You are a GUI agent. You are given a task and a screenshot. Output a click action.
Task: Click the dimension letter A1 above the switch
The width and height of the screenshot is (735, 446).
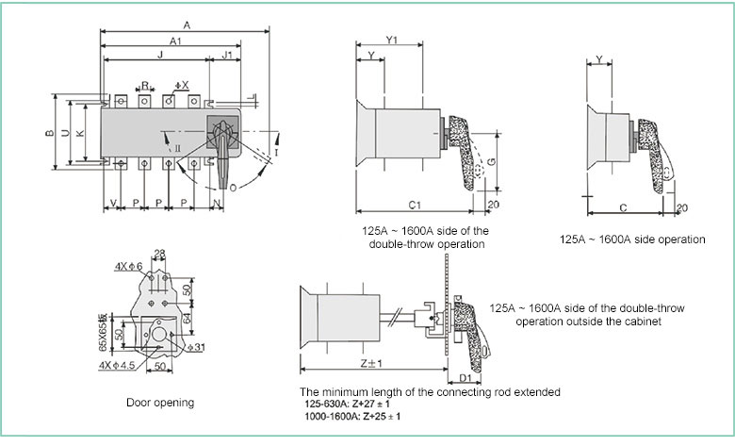[176, 41]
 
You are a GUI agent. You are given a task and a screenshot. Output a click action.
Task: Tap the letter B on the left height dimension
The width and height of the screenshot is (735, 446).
[49, 132]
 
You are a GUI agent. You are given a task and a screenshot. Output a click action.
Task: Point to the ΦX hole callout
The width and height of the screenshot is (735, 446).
[182, 85]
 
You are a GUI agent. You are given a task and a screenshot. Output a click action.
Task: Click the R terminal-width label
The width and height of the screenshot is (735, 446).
[145, 84]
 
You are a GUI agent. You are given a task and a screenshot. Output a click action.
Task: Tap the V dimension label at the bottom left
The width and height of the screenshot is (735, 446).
[113, 203]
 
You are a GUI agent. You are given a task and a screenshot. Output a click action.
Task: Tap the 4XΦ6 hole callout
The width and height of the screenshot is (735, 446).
[129, 266]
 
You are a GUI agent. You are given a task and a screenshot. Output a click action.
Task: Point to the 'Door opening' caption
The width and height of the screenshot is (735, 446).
[160, 403]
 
